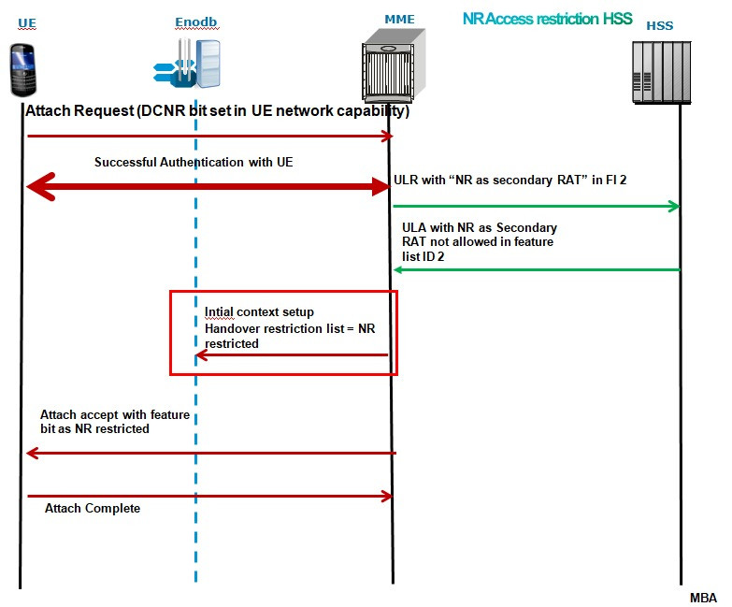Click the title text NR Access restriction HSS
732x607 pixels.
(547, 18)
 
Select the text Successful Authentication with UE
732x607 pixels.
(194, 162)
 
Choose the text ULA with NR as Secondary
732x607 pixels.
(480, 227)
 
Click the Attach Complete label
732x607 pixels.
(93, 508)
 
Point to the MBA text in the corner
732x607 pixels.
(703, 596)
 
